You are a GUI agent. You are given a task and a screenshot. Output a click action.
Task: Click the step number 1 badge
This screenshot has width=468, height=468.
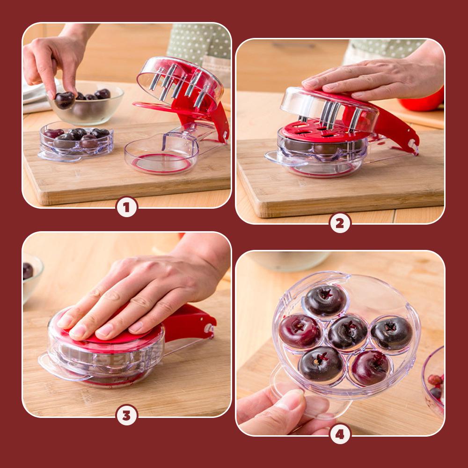[127, 207]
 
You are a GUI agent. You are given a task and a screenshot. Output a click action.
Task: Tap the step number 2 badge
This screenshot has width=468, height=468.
[340, 223]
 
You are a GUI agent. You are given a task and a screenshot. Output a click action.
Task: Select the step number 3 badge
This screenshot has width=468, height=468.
[127, 415]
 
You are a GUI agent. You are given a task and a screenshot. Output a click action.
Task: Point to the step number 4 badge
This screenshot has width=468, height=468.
[340, 434]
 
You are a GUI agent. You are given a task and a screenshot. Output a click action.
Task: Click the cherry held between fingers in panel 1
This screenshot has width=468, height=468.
[64, 100]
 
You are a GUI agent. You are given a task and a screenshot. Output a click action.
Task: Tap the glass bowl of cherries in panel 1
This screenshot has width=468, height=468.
[86, 103]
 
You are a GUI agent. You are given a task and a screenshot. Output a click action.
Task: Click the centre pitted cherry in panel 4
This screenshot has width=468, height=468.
[347, 332]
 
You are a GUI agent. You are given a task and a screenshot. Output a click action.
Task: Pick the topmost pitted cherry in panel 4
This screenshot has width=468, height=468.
[325, 300]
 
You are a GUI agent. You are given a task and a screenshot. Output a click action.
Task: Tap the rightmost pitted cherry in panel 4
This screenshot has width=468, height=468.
[391, 333]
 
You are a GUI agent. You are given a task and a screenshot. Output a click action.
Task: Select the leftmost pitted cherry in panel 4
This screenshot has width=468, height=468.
[300, 331]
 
